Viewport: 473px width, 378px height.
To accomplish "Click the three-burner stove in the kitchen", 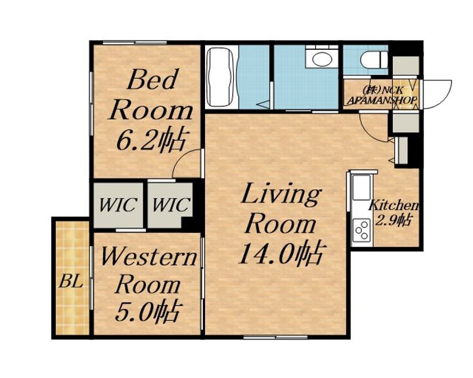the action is pos(362,230).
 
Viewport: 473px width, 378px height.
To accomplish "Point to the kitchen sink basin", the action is pos(362,188).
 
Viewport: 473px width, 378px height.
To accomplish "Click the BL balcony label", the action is pos(70,282).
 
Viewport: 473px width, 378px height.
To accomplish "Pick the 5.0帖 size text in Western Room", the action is pos(148,310).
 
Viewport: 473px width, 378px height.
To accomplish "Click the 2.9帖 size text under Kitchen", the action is pos(394,220).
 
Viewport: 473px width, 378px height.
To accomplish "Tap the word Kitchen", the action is pos(394,205).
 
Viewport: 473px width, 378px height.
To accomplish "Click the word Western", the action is pos(148,257).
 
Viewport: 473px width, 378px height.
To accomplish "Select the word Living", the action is pos(281,194).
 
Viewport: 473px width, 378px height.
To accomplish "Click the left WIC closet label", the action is pos(118,205).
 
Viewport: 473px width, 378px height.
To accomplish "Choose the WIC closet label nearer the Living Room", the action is pos(171,205).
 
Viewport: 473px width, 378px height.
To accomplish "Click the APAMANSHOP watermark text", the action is pos(382,100).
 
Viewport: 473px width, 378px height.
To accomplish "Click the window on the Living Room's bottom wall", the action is pos(275,337).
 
